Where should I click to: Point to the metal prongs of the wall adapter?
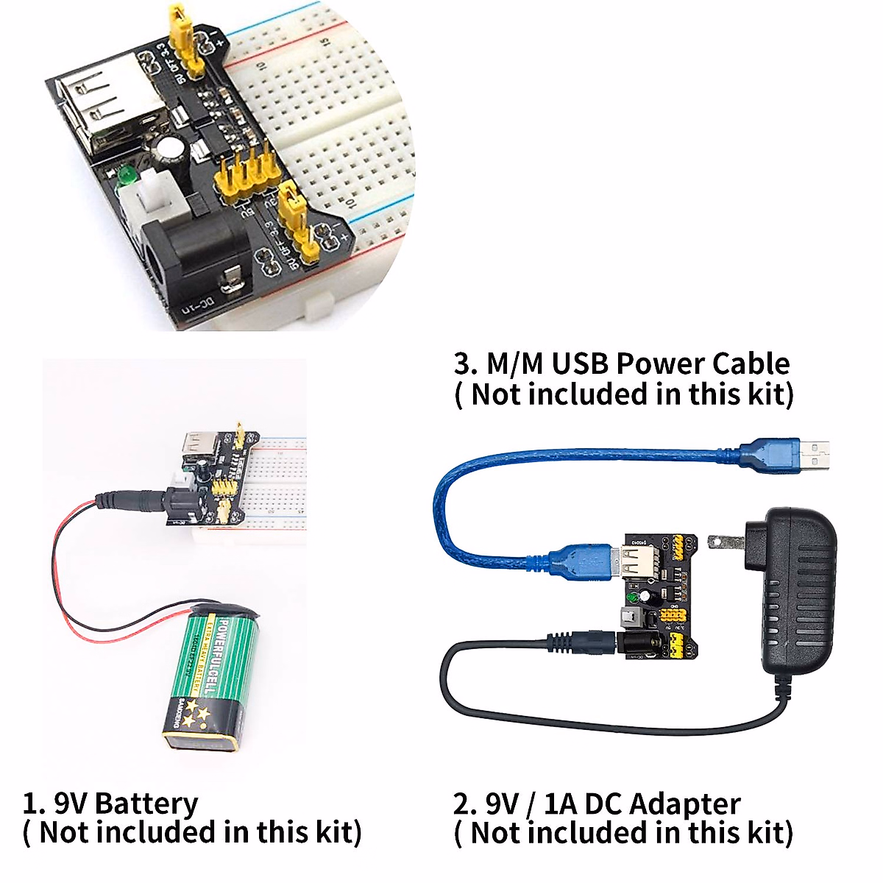pyautogui.click(x=725, y=543)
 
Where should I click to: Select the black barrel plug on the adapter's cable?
pyautogui.click(x=581, y=642)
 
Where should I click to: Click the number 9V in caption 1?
pyautogui.click(x=70, y=804)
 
